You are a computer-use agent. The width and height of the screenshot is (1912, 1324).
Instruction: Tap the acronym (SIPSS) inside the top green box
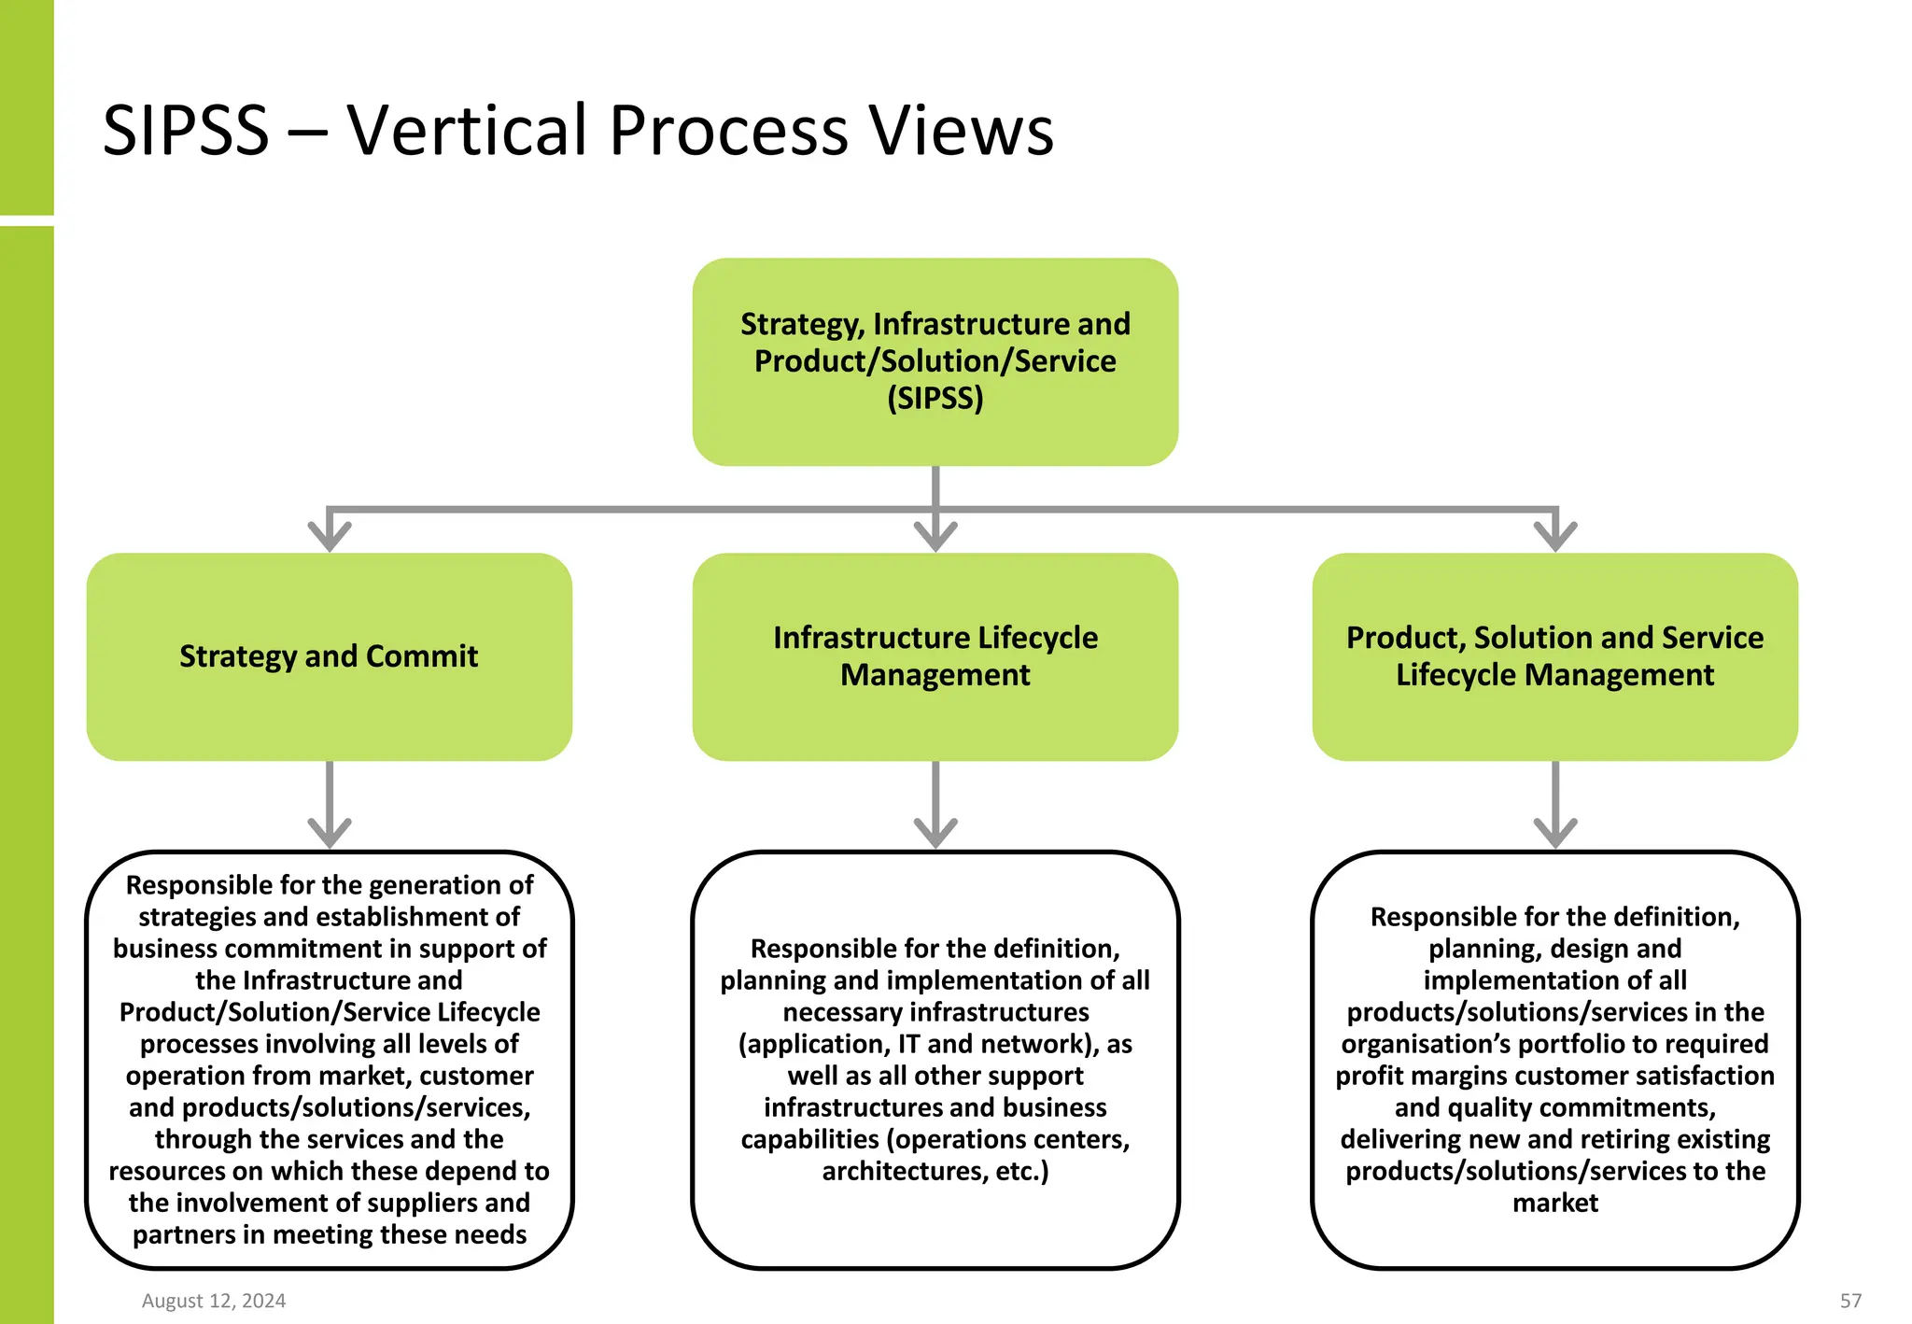(935, 399)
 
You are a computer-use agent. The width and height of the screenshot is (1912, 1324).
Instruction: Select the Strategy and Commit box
(329, 656)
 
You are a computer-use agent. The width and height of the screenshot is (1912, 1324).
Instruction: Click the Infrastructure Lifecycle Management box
(935, 656)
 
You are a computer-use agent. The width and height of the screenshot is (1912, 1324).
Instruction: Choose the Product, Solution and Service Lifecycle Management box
(1554, 656)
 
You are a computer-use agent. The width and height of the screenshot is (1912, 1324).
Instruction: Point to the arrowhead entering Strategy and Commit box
(330, 536)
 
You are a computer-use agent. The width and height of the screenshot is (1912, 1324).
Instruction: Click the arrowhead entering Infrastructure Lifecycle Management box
(935, 536)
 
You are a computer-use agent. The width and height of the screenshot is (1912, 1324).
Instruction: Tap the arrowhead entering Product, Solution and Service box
(1555, 536)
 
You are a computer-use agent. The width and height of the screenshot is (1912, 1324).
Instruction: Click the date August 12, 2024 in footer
(214, 1301)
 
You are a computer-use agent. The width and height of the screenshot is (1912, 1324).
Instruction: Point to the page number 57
(1850, 1301)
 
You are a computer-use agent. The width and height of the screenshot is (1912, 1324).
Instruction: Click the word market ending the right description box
(1555, 1203)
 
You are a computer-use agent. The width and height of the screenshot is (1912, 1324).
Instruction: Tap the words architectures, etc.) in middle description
(935, 1171)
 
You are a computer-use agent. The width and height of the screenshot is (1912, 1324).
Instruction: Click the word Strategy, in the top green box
(803, 325)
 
